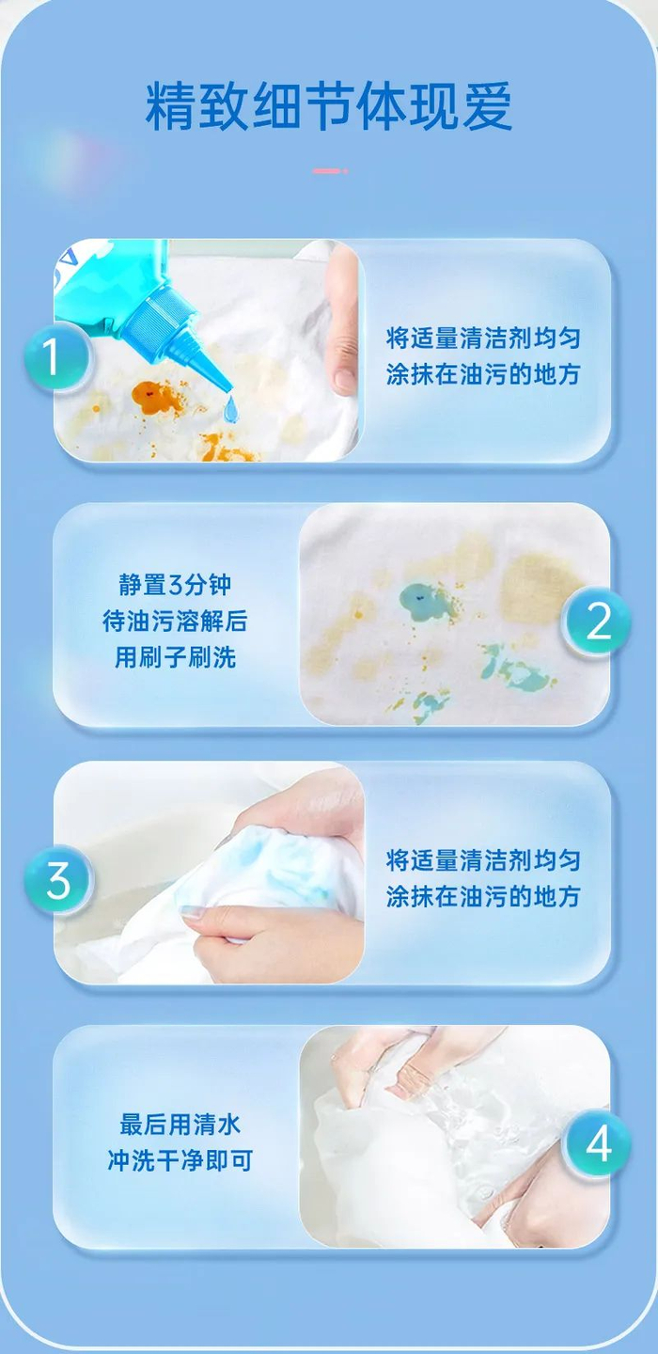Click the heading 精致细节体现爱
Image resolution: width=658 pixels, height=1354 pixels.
tap(329, 106)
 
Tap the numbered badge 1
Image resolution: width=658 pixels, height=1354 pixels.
tap(56, 357)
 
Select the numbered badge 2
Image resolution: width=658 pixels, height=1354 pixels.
tap(596, 621)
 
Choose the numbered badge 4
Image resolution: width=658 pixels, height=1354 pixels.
tap(596, 1143)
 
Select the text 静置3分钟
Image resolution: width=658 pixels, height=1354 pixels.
tap(175, 585)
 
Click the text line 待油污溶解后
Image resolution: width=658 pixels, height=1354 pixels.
tap(175, 621)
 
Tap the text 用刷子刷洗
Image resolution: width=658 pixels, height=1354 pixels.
tap(175, 657)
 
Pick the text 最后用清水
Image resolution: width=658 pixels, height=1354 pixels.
tap(180, 1125)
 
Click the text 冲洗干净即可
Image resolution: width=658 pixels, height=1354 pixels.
tap(180, 1160)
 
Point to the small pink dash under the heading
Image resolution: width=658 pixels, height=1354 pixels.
tap(330, 171)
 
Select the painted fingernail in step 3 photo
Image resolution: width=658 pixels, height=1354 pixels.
tap(191, 912)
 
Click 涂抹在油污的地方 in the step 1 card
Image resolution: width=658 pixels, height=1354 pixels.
tap(483, 374)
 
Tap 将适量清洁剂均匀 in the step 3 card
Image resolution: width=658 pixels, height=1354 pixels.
tap(483, 860)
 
